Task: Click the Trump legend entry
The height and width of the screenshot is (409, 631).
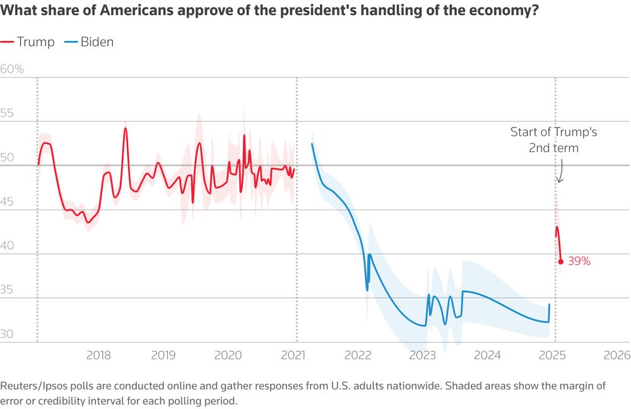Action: [x=28, y=42]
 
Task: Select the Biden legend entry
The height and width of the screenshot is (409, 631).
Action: [x=89, y=42]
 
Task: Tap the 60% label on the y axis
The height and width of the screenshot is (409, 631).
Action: [x=12, y=69]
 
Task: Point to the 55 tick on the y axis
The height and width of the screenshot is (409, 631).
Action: [x=8, y=114]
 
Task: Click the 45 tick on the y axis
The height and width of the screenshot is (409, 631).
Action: [x=8, y=202]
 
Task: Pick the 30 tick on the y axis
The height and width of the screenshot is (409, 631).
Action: [x=8, y=335]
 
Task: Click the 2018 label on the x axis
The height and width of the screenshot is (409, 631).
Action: [x=98, y=355]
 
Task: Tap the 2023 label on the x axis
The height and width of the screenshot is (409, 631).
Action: [x=422, y=355]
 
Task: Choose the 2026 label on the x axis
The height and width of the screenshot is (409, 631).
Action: [x=616, y=355]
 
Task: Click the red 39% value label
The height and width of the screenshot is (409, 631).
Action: [x=579, y=261]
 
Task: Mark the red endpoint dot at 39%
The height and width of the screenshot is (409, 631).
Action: [x=561, y=261]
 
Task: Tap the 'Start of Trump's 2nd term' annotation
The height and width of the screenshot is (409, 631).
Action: [x=553, y=140]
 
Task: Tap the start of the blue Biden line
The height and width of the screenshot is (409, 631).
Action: [x=312, y=144]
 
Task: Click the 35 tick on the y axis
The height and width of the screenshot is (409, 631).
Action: [x=8, y=290]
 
